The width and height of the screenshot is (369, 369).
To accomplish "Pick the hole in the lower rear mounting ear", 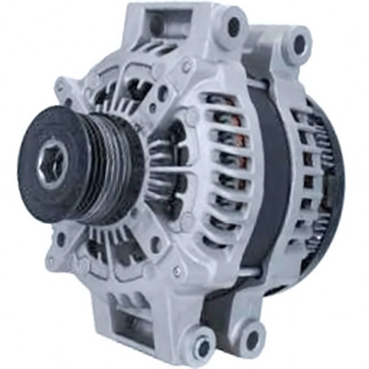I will [252, 339].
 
